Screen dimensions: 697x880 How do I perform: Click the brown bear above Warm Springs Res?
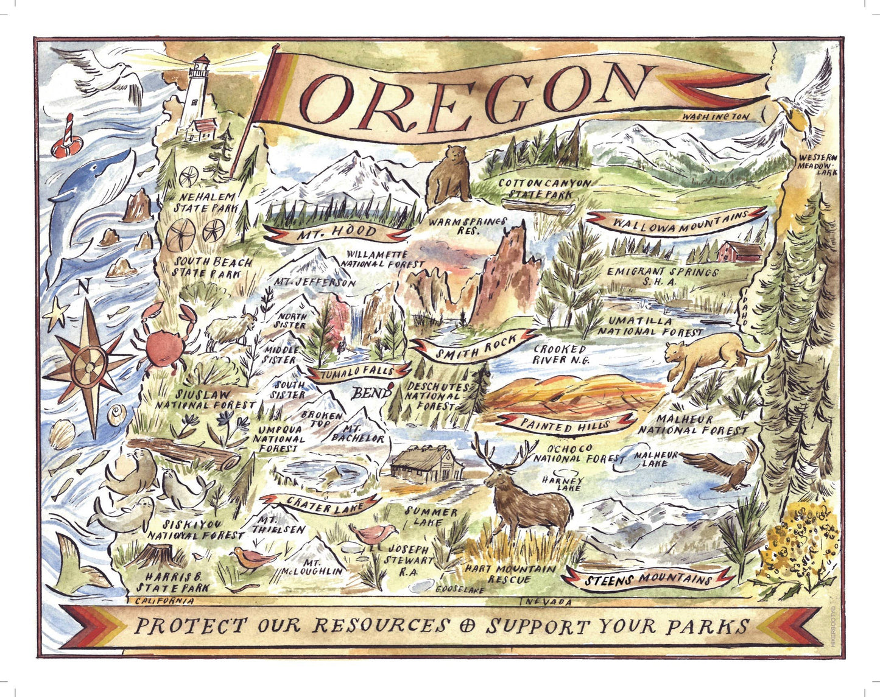449,175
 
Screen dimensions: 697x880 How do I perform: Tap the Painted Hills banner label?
566,424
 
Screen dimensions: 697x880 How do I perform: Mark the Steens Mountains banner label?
649,578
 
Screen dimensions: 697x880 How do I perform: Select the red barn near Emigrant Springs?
739,251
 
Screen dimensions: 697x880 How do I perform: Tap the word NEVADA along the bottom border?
548,603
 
